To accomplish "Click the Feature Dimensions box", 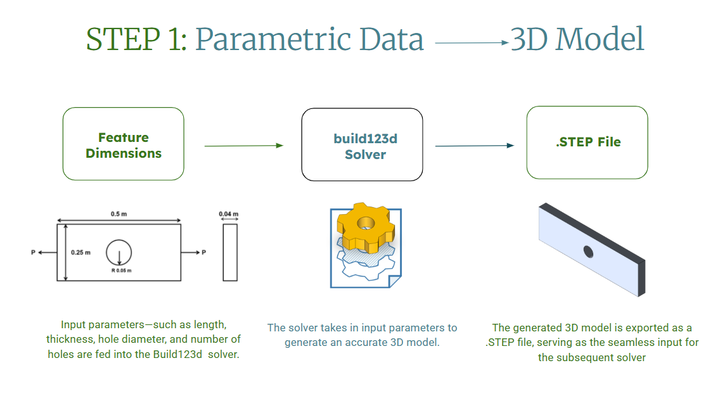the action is (124, 144).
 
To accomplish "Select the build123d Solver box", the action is (362, 144).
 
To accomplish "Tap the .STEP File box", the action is (588, 142).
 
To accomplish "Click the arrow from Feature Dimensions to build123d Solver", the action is (243, 146).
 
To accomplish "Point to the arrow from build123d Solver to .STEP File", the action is (474, 146).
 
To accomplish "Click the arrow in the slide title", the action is (472, 43).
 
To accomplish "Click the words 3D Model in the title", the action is (577, 40).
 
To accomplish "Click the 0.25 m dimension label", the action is (80, 252).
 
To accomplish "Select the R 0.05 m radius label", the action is (120, 271).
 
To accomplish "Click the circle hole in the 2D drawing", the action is (119, 252).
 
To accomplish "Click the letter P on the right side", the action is (203, 253).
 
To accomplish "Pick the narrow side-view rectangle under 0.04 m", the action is (230, 252).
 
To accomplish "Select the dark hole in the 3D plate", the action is (588, 252).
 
